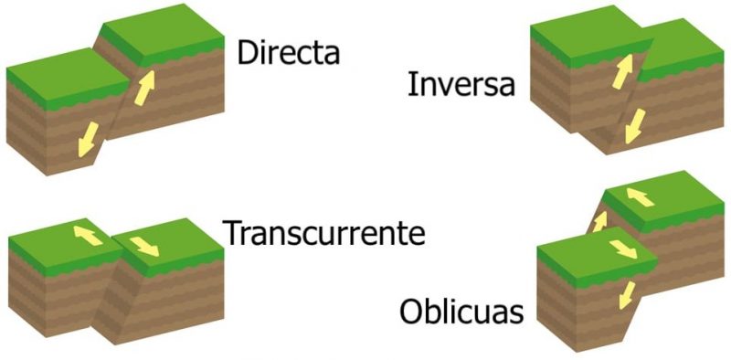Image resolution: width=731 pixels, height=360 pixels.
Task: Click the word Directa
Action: [x=288, y=53]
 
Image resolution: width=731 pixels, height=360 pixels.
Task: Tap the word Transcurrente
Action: [x=325, y=234]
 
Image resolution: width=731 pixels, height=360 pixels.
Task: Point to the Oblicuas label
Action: [x=461, y=313]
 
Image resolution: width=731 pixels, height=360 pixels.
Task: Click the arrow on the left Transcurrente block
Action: [x=87, y=237]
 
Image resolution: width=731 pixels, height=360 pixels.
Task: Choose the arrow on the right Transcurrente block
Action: [x=144, y=245]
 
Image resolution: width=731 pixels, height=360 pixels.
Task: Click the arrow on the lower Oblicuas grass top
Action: [x=621, y=249]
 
